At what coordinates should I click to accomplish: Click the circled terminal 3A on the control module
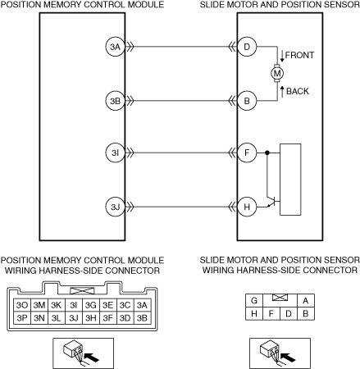(x=115, y=47)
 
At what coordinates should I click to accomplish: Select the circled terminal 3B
(x=115, y=101)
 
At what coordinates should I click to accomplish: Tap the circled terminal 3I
(x=115, y=153)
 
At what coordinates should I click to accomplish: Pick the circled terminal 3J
(x=115, y=207)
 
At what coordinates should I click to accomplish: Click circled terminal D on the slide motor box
(x=247, y=47)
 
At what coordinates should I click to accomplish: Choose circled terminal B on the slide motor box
(x=247, y=101)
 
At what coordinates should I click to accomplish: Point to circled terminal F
(x=247, y=153)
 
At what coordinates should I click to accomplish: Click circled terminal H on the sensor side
(x=247, y=207)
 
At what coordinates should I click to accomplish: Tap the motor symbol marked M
(x=277, y=73)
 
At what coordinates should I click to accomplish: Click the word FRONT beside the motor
(x=299, y=55)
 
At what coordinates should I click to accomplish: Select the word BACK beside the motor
(x=298, y=91)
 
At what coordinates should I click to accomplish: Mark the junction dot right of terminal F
(x=267, y=153)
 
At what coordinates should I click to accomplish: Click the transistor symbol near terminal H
(x=273, y=202)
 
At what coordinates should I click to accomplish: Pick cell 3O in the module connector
(x=22, y=305)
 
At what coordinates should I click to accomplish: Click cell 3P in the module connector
(x=22, y=317)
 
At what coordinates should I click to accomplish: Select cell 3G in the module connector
(x=91, y=305)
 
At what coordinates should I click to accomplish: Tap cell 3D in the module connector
(x=125, y=317)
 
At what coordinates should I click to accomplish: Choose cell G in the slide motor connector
(x=254, y=301)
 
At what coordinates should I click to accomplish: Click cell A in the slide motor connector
(x=306, y=301)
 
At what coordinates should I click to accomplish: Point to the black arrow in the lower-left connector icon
(x=92, y=357)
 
